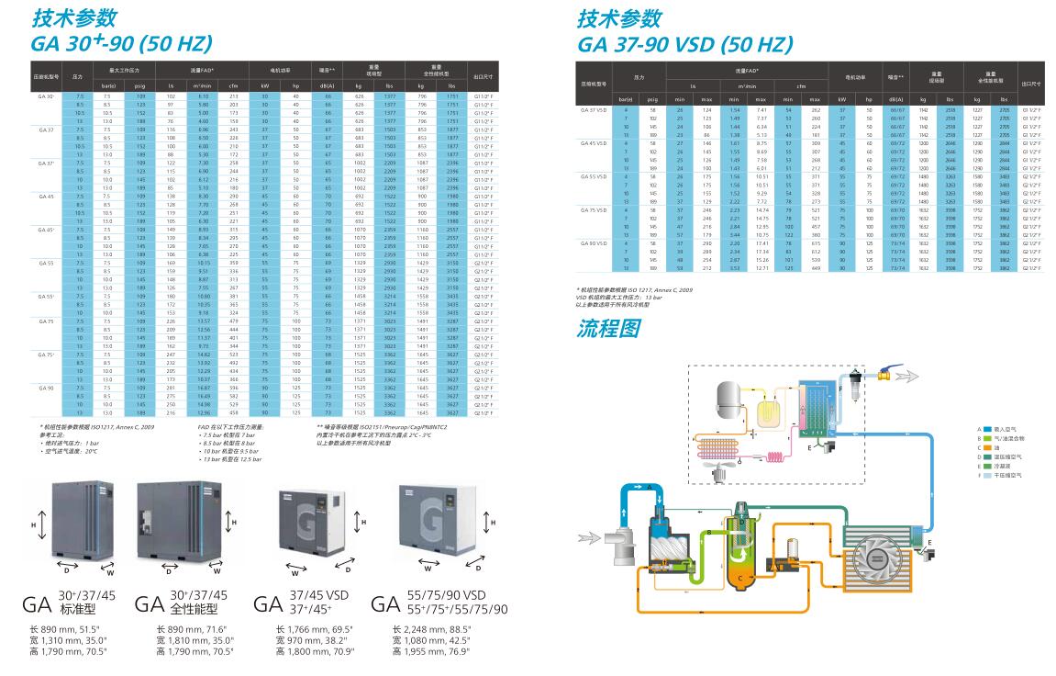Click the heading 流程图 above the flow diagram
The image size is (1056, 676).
(606, 328)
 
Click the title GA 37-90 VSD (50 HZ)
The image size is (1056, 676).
(684, 43)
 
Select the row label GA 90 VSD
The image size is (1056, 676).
(593, 242)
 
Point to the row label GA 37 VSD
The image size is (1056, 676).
(593, 109)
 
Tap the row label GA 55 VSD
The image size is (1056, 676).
(593, 175)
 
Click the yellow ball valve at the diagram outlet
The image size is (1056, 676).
(884, 376)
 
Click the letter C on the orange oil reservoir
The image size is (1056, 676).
(739, 577)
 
